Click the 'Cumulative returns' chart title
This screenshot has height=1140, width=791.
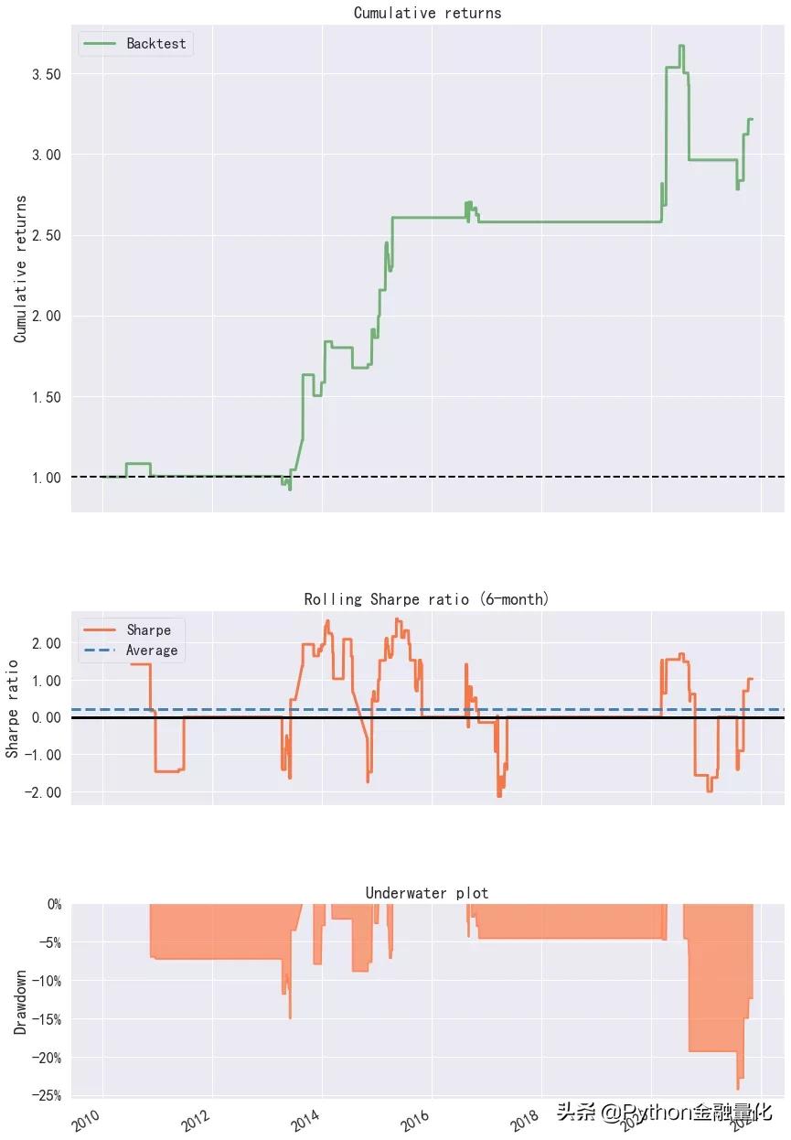coord(427,13)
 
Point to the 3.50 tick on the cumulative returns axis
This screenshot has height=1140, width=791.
coord(41,73)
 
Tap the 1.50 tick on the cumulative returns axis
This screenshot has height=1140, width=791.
coord(41,397)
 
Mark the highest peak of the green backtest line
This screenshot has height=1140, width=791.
coord(680,46)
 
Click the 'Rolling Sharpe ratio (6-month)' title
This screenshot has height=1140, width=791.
coord(426,599)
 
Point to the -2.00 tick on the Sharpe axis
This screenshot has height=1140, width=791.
coord(37,792)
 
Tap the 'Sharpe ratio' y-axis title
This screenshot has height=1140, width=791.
coord(13,709)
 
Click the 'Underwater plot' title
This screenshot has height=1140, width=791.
coord(426,893)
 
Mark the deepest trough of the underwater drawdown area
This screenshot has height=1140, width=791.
coord(737,1088)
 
